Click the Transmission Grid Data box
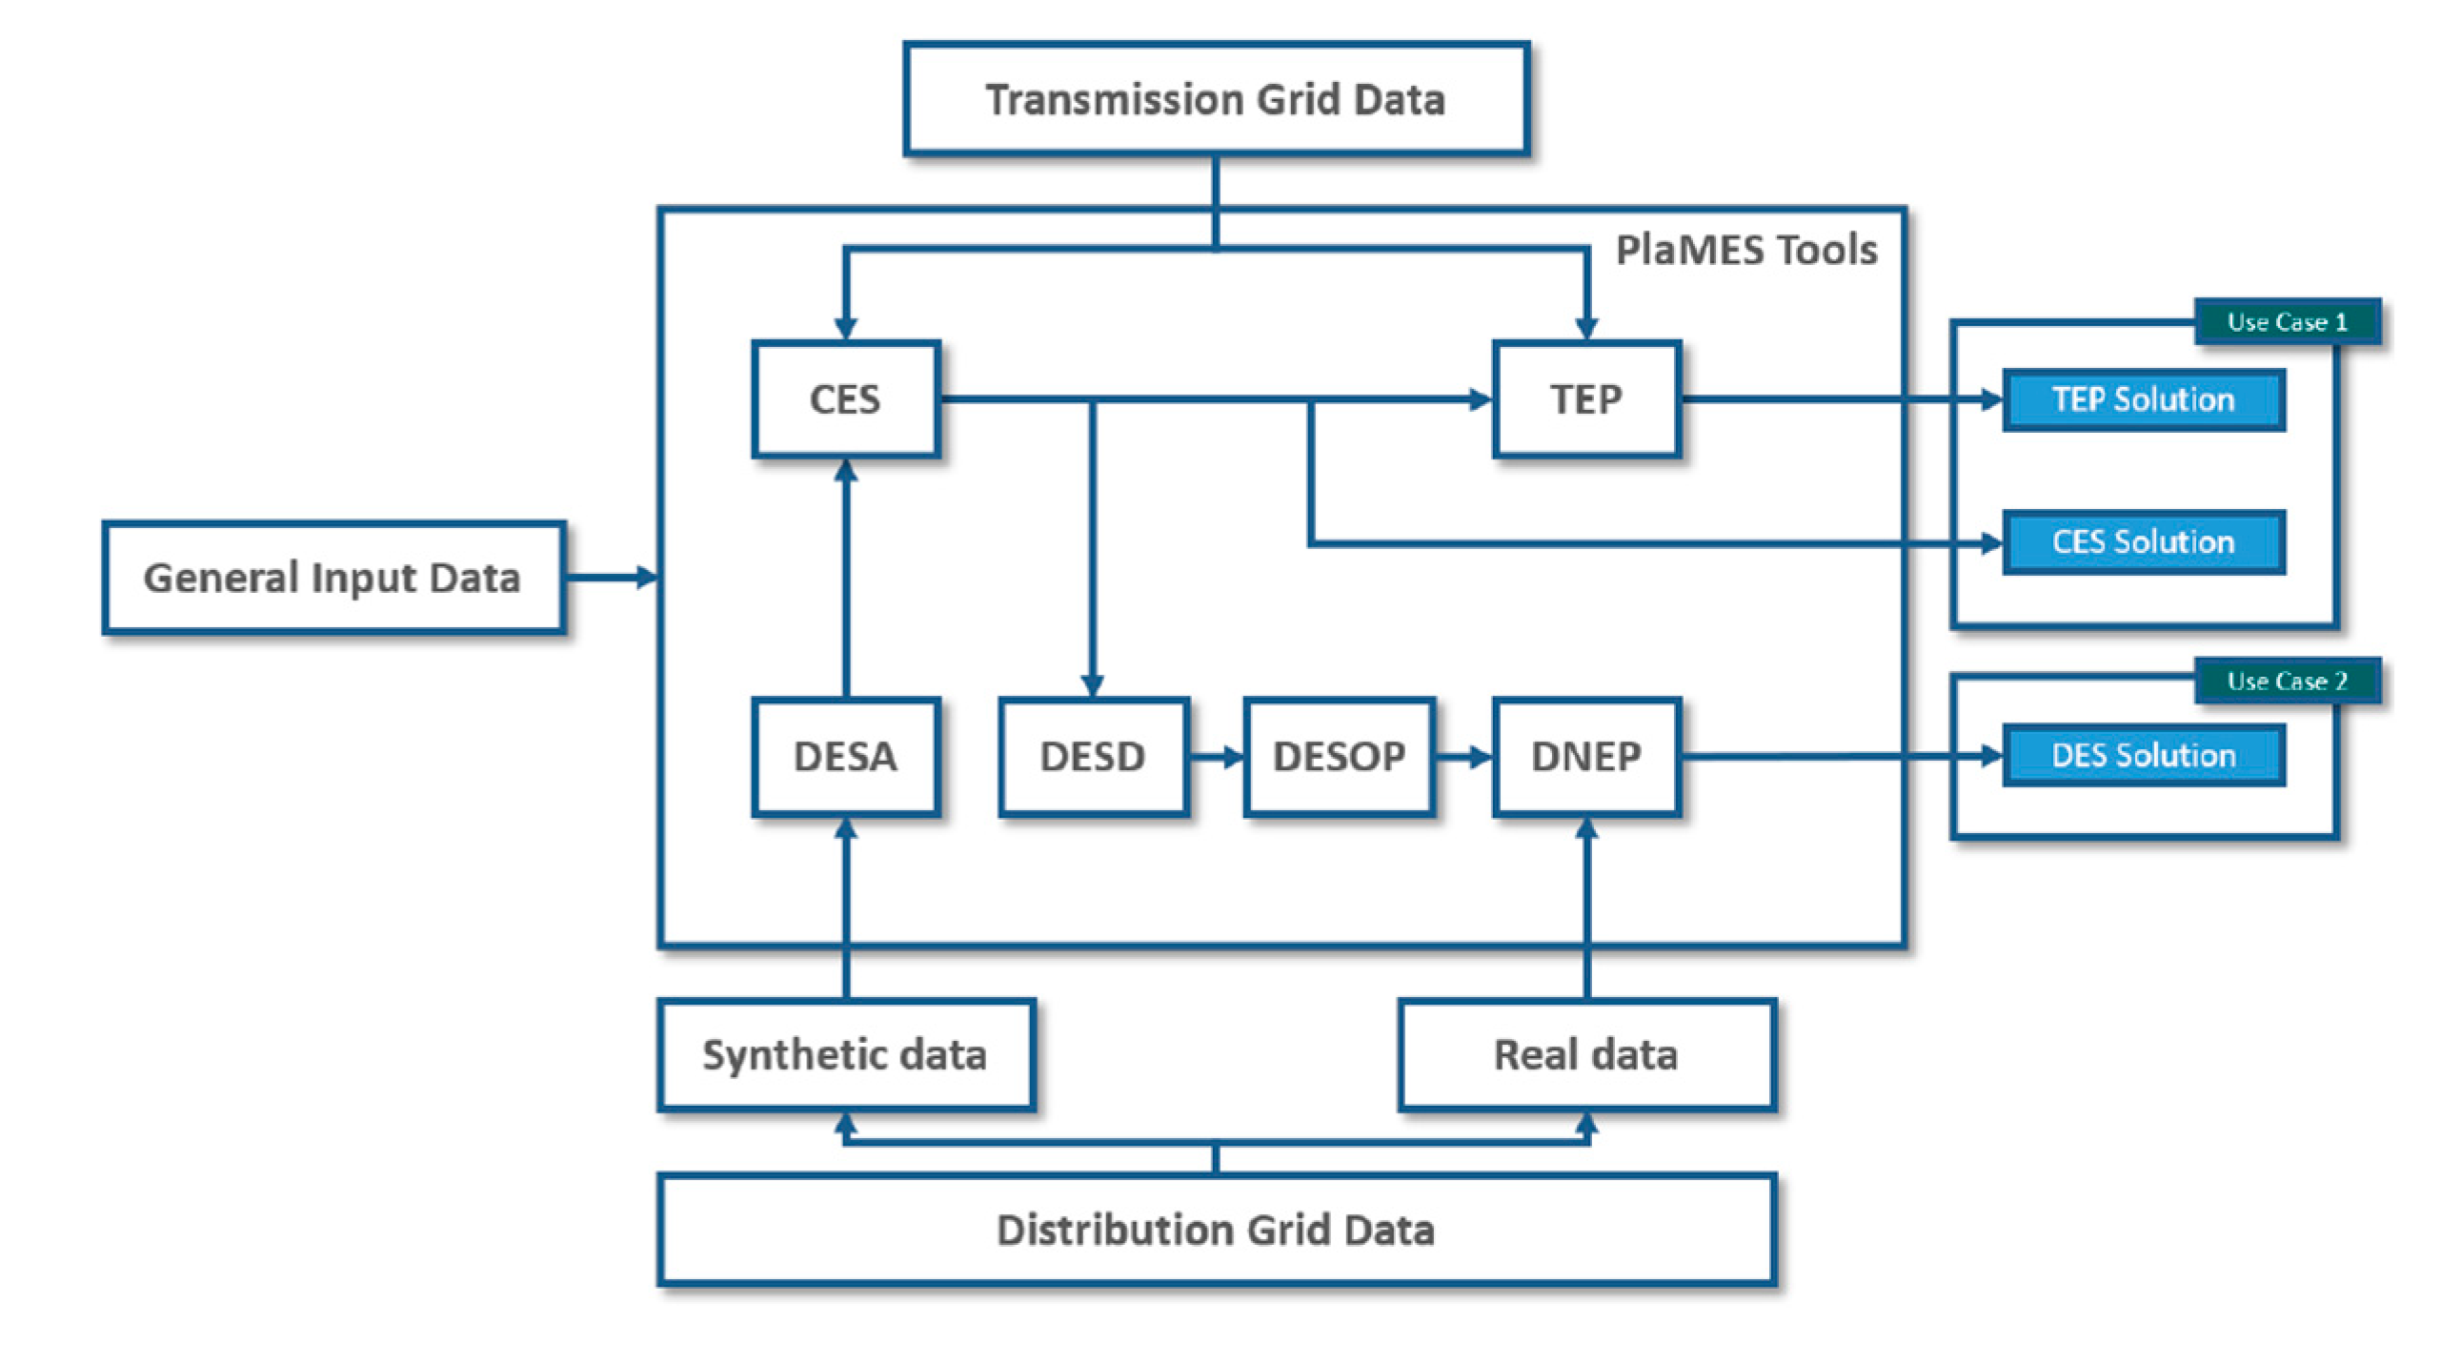(1216, 99)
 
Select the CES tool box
(845, 398)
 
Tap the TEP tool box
(1585, 398)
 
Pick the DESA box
(845, 756)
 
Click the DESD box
(1093, 756)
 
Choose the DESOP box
(1339, 756)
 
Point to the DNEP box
(1585, 756)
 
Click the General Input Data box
(333, 577)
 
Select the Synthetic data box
(845, 1054)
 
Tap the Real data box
(1585, 1054)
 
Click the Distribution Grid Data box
(1216, 1229)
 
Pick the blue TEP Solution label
(2143, 399)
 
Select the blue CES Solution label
(2143, 541)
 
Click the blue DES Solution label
(2143, 755)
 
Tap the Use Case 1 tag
(2287, 321)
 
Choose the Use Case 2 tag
(2287, 681)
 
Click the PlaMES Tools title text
(1745, 250)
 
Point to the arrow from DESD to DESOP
(1217, 757)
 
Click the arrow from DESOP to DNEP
(1463, 757)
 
